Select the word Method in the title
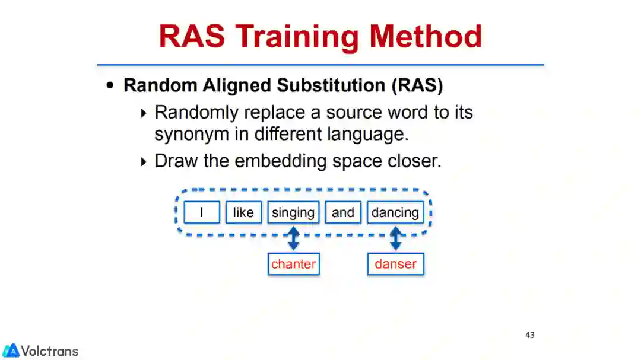(x=426, y=36)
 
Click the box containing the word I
(x=202, y=213)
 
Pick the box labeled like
(x=243, y=213)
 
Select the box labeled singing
(x=293, y=213)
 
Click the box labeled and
(x=343, y=213)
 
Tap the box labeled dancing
(x=395, y=213)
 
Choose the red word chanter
(x=293, y=264)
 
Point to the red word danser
(x=395, y=264)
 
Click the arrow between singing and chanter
(x=293, y=238)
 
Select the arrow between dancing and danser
(x=395, y=238)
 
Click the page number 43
(x=530, y=335)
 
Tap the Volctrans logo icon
(x=11, y=351)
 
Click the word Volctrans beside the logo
(x=50, y=351)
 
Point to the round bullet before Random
(x=110, y=85)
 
